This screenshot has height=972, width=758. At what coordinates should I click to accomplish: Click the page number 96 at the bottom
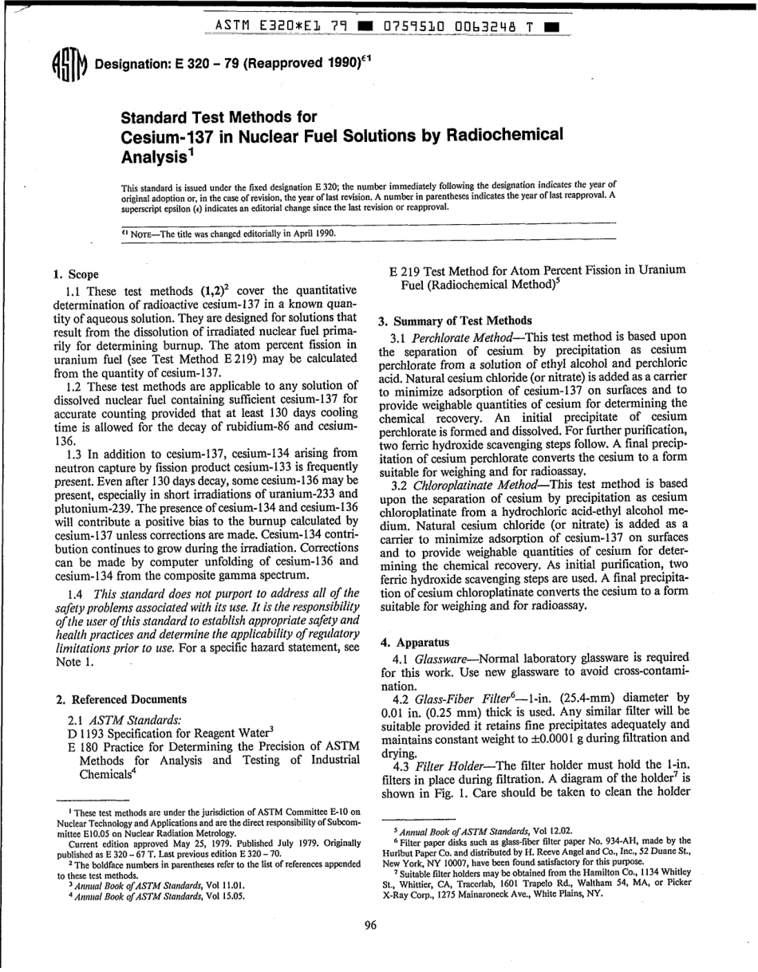(369, 925)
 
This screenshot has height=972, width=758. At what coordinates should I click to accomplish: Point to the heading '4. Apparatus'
(415, 642)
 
